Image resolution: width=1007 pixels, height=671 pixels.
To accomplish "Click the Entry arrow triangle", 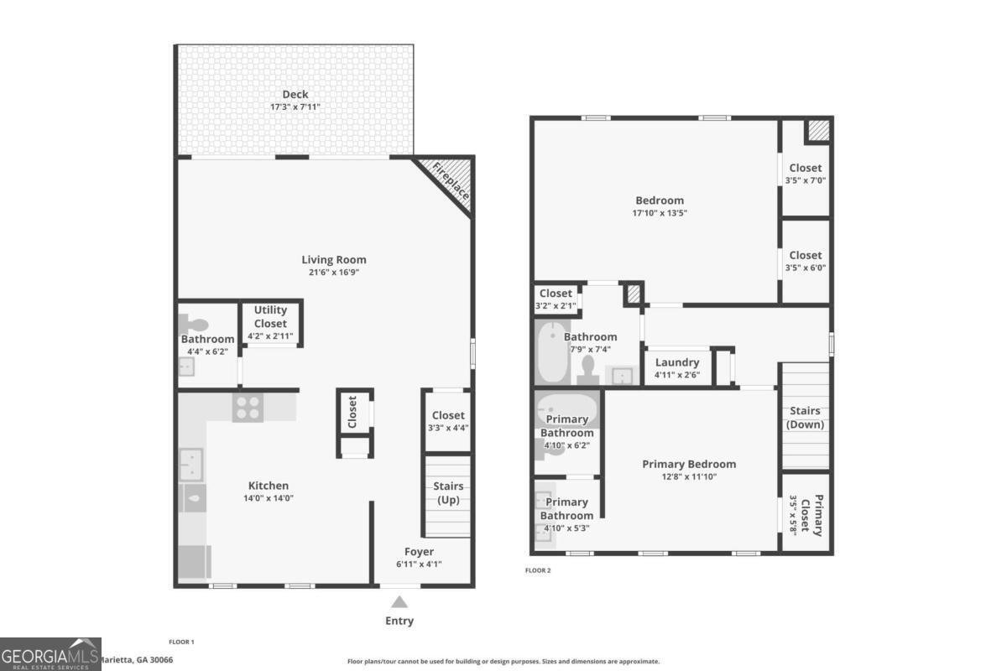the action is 399,601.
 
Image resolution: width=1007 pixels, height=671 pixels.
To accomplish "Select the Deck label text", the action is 295,95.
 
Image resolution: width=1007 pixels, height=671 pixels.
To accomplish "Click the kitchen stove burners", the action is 248,408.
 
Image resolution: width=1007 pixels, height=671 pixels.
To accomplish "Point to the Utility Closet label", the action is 270,316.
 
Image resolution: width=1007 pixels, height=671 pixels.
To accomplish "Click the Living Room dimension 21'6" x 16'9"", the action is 334,272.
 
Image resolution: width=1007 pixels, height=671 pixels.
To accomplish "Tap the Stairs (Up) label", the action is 448,493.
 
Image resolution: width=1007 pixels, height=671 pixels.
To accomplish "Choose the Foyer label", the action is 419,551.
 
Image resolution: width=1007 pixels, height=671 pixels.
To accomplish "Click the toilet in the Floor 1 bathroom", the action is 193,325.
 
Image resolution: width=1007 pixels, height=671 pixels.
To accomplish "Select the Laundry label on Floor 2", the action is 677,362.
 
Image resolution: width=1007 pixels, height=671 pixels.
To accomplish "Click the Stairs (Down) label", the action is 805,418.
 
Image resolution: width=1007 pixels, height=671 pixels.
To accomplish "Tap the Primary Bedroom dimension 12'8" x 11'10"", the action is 689,476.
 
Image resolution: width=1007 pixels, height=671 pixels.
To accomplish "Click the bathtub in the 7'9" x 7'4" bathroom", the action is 552,352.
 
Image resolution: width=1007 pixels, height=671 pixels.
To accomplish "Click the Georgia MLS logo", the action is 50,654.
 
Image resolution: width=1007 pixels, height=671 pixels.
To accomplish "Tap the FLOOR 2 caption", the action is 538,570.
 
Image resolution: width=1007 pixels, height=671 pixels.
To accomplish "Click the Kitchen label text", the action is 269,486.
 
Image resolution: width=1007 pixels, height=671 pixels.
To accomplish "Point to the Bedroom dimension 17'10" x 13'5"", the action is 660,212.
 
